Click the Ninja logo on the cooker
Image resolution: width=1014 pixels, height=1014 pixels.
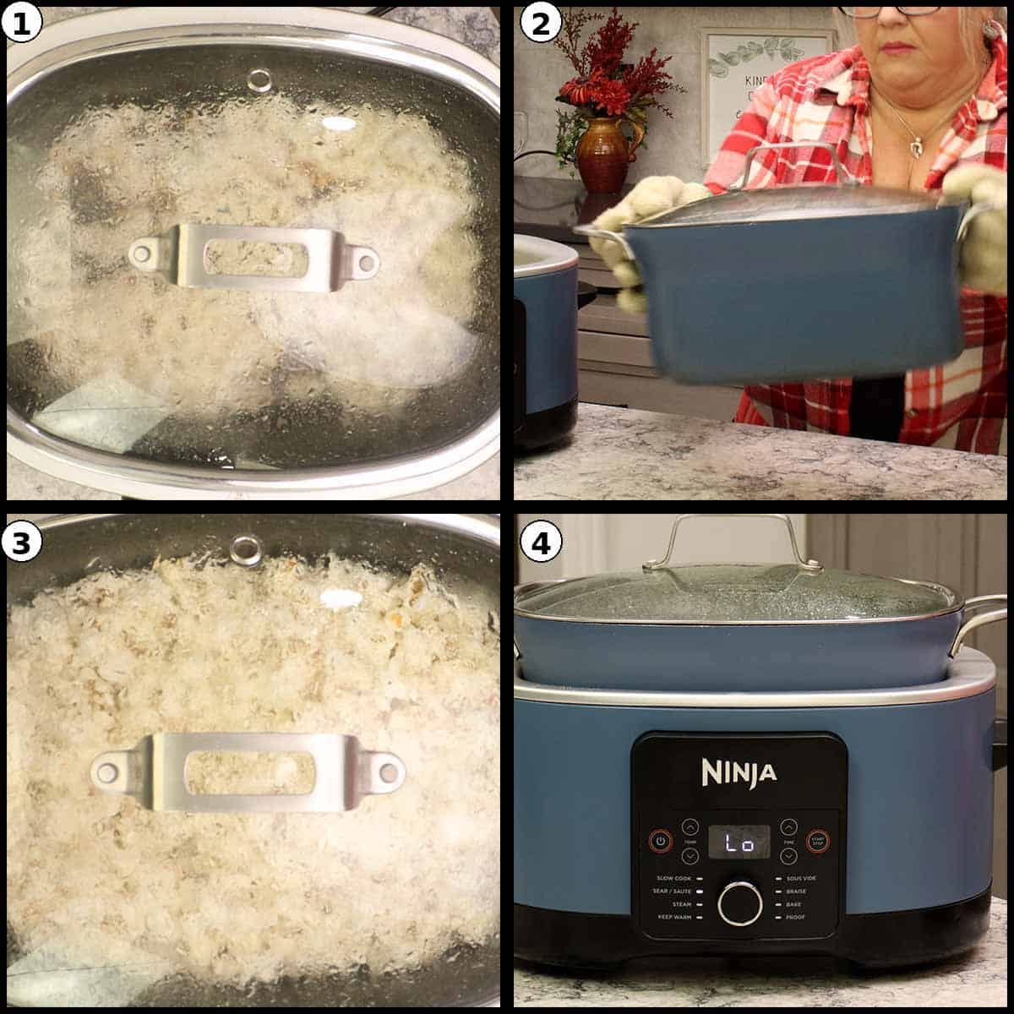pos(739,771)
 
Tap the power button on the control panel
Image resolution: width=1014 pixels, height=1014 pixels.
pos(661,841)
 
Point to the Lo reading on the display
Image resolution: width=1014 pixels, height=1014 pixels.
pos(739,842)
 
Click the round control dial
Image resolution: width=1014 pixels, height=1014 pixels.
pos(739,903)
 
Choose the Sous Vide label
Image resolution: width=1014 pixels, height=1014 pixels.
pos(800,879)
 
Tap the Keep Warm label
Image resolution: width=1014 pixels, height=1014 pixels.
pos(672,917)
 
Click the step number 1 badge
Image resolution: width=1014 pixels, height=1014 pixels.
pos(23,25)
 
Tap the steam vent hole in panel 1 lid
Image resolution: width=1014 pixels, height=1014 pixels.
pos(259,80)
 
